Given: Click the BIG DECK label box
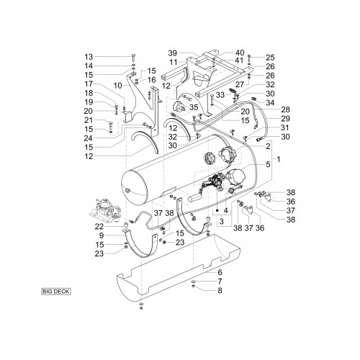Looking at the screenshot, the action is (x=56, y=292).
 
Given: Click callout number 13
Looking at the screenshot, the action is (x=89, y=57).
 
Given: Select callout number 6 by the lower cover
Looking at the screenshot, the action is (x=220, y=272).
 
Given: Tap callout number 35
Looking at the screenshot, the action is (x=194, y=107).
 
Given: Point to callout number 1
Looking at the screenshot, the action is (x=279, y=159).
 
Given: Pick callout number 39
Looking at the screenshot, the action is (x=172, y=53).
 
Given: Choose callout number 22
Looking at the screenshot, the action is (x=99, y=227).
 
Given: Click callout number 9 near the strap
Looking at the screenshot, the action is (x=102, y=235).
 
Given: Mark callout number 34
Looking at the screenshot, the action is (x=270, y=103).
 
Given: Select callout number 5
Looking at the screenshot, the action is (x=268, y=164).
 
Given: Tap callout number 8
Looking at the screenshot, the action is (x=220, y=290).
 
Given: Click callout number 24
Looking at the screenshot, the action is (x=89, y=138).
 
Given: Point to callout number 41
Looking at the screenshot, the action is (x=239, y=60).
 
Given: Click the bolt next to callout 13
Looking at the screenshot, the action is (x=133, y=58).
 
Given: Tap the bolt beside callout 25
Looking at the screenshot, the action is (x=249, y=58).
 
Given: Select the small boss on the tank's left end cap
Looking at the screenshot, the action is (x=127, y=191).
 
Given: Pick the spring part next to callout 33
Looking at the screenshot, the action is (x=233, y=91).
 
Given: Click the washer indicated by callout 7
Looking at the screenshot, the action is (x=194, y=282).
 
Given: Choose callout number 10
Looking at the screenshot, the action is (x=118, y=86).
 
